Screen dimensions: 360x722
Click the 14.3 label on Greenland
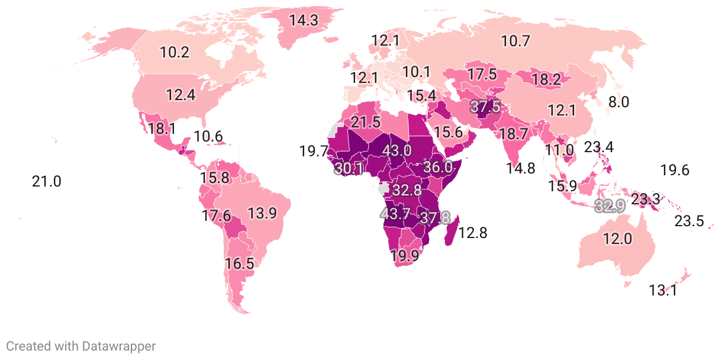tap(304, 20)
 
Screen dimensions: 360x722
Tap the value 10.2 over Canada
tap(175, 52)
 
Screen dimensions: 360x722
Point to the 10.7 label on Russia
tap(515, 41)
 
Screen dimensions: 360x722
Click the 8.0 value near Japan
tap(618, 101)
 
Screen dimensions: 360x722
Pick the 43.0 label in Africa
tap(397, 150)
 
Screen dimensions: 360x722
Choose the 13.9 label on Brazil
tap(262, 214)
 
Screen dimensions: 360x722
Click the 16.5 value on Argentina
tap(239, 263)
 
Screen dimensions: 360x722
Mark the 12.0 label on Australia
tap(618, 239)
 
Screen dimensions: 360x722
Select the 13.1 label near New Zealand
tap(663, 290)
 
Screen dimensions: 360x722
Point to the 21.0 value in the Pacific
tap(46, 181)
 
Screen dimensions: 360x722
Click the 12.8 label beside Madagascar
tap(473, 233)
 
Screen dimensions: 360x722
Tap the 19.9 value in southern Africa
tap(405, 256)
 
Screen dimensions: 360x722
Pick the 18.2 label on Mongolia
tap(546, 80)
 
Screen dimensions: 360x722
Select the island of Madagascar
tap(452, 231)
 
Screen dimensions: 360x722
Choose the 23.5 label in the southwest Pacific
tap(689, 221)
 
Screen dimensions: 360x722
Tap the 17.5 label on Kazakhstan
tap(482, 74)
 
